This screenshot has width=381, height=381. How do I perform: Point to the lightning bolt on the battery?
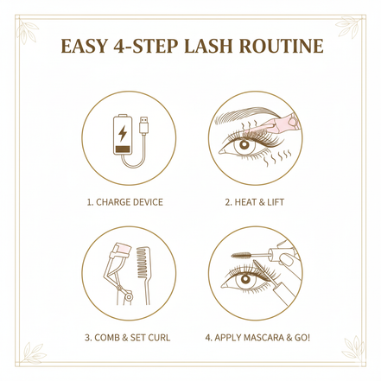[121, 135]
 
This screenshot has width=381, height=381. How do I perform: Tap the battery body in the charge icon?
[121, 141]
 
